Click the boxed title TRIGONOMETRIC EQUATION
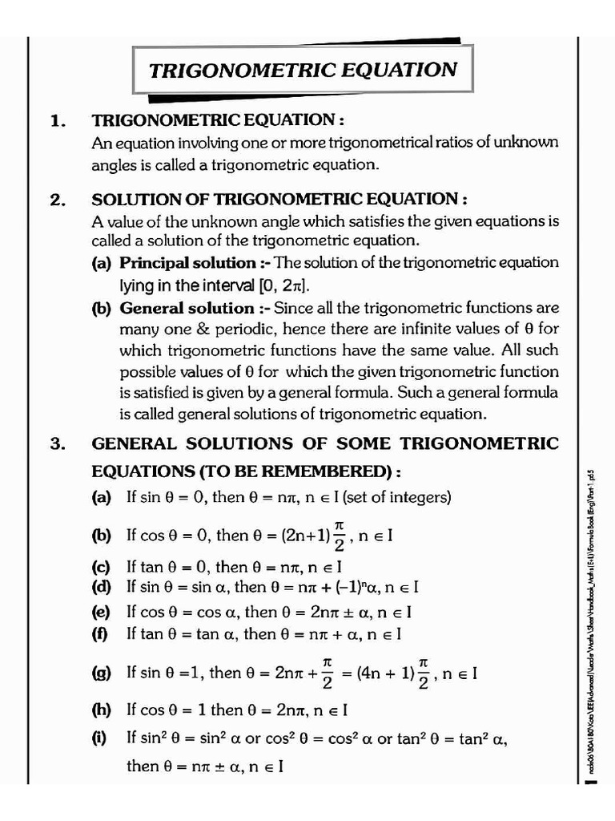pos(303,69)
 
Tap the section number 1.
pos(57,121)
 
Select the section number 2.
pos(57,200)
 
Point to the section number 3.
pos(57,444)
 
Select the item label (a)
pos(101,497)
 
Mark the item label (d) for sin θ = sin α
pos(101,587)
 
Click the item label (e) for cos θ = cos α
pos(101,612)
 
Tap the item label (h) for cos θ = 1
pos(101,710)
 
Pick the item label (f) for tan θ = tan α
pos(100,634)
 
